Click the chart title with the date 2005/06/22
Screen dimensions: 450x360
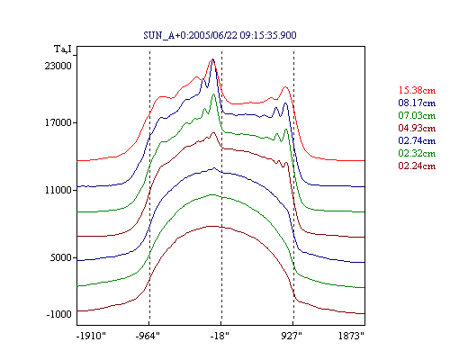click(x=220, y=35)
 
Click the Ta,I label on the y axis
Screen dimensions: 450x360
click(x=63, y=49)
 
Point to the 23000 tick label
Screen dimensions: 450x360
click(x=58, y=66)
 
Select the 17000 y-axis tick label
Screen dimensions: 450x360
click(x=58, y=122)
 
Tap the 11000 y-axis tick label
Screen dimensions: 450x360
click(x=58, y=190)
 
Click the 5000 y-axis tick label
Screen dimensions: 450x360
click(x=61, y=257)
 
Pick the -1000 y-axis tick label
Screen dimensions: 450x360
click(x=59, y=314)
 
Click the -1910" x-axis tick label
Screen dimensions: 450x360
click(x=92, y=336)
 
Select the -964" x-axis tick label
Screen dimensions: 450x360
click(x=148, y=336)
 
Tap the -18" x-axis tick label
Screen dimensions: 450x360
click(x=220, y=336)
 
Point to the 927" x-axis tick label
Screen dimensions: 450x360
click(x=292, y=336)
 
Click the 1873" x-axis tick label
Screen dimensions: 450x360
click(x=351, y=336)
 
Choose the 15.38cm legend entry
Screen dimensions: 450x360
click(x=417, y=90)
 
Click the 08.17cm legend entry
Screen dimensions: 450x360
click(x=417, y=103)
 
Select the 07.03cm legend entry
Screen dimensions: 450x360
click(x=417, y=115)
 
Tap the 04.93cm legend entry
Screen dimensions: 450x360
click(x=417, y=128)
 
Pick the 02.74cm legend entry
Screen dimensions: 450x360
click(x=417, y=140)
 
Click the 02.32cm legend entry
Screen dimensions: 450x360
click(x=417, y=153)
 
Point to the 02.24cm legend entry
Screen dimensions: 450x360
click(x=417, y=166)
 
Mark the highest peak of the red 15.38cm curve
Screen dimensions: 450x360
click(x=211, y=60)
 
